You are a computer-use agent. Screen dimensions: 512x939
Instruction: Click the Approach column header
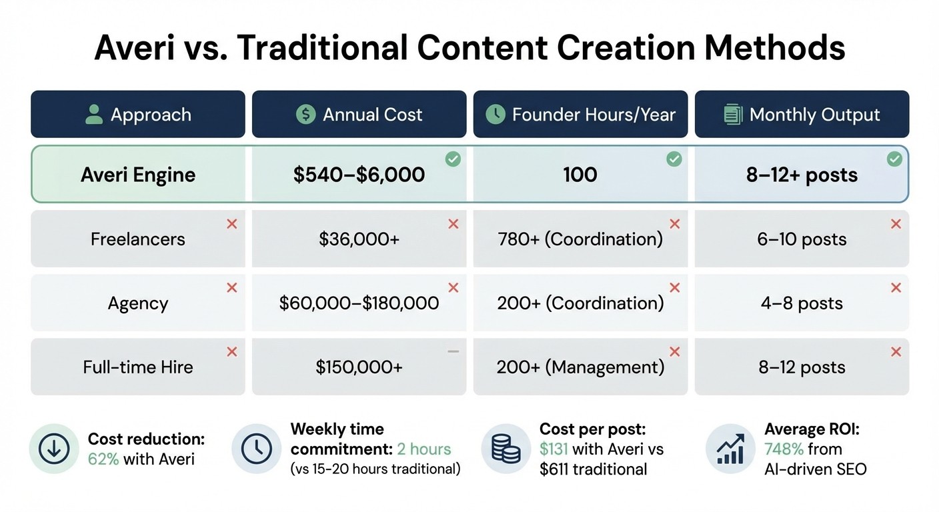coord(138,114)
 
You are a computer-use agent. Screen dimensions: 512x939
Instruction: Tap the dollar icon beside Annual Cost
coord(305,114)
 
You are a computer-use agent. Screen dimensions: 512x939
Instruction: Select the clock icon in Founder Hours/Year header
coord(496,114)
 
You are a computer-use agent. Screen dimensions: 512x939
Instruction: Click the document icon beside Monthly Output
coord(733,115)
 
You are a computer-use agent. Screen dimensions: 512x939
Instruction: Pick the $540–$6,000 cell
coord(359,175)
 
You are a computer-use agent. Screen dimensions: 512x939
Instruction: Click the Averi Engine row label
coord(138,175)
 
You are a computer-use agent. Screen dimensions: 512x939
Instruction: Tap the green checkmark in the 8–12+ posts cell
coord(895,159)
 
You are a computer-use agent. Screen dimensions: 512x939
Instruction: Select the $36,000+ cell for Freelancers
coord(359,239)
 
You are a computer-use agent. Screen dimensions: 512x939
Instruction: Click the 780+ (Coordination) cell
coord(580,239)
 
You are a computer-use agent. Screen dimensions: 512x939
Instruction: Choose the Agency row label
coord(138,303)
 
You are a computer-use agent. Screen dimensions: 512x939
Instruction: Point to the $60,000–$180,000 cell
coord(359,303)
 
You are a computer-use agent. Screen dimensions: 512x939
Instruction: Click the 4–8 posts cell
coord(802,303)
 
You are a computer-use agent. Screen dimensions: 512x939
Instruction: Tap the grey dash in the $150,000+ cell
coord(453,351)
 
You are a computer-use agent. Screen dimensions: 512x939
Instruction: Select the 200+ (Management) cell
coord(580,367)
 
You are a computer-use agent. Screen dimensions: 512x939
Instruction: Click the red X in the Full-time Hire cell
coord(232,351)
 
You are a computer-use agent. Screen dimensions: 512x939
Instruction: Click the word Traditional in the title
coord(322,48)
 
